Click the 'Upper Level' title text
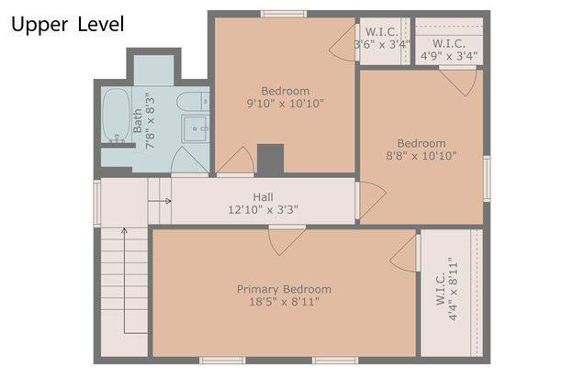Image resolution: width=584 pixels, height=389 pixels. click(x=67, y=25)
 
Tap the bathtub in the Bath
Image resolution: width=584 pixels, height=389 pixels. click(x=117, y=115)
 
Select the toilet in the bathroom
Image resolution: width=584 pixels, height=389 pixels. click(x=193, y=101)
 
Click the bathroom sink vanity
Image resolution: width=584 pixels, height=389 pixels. click(x=196, y=128)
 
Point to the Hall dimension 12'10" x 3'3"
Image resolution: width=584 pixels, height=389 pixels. click(x=263, y=209)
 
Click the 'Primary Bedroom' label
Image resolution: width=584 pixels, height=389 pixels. click(x=284, y=289)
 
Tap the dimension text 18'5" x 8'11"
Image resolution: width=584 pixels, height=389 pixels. click(x=284, y=302)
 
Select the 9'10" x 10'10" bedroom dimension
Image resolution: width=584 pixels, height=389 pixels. click(x=286, y=104)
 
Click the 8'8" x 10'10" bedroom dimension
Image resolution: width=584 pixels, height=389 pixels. click(x=421, y=156)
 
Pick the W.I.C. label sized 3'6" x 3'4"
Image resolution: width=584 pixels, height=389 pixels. click(x=382, y=38)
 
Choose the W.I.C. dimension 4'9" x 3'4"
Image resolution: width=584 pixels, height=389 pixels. click(x=449, y=56)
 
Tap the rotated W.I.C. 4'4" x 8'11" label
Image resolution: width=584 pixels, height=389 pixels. click(x=446, y=289)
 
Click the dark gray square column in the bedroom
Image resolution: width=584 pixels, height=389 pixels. click(x=270, y=159)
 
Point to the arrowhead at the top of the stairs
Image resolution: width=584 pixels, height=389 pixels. click(x=124, y=230)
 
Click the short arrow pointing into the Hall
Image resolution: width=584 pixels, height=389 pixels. click(x=160, y=202)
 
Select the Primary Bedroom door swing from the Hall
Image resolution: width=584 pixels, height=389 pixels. click(x=287, y=241)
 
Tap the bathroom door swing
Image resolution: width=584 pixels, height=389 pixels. click(x=189, y=160)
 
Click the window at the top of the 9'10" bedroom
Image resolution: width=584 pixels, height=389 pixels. click(x=284, y=14)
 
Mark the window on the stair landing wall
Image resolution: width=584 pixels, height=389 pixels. click(x=96, y=204)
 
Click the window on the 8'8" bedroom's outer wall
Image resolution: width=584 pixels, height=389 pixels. click(x=487, y=179)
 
